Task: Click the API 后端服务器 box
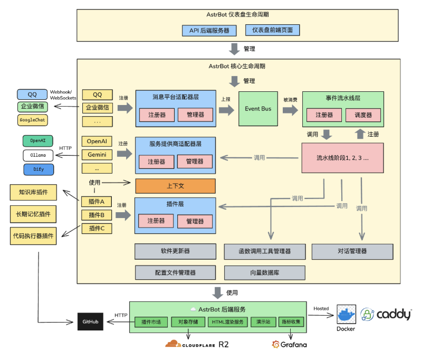[x=209, y=30]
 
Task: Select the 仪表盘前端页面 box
[x=272, y=30]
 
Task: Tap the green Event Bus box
[x=258, y=109]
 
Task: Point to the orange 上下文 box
[x=175, y=186]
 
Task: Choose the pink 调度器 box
[x=363, y=115]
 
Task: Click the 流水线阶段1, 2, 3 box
[x=342, y=157]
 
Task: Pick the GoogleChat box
[x=33, y=120]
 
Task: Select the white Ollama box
[x=38, y=155]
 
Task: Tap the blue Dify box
[x=38, y=169]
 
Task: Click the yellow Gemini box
[x=97, y=155]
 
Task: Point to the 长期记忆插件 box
[x=33, y=214]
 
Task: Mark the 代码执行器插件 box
[x=33, y=236]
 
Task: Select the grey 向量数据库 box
[x=264, y=272]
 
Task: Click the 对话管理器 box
[x=352, y=251]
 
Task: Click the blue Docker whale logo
[x=347, y=315]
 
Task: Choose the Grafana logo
[x=289, y=345]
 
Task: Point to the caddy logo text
[x=393, y=315]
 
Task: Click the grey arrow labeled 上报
[x=226, y=109]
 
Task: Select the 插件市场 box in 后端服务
[x=151, y=322]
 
